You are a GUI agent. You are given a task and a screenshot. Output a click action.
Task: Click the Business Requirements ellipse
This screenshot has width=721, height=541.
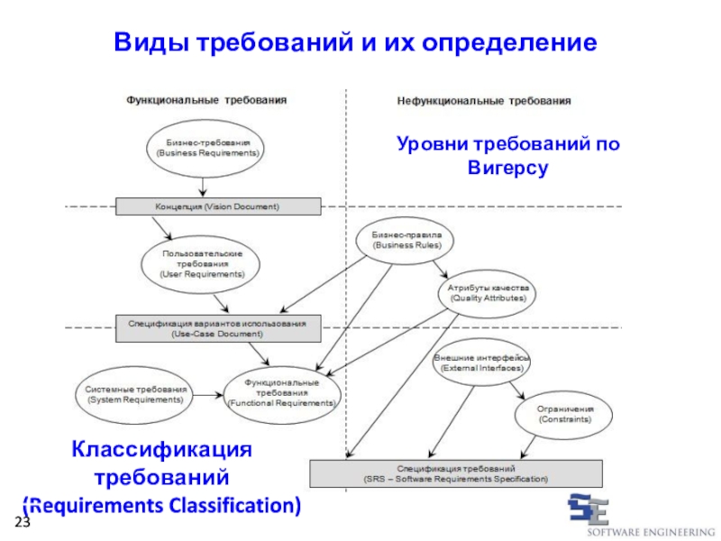coord(207,148)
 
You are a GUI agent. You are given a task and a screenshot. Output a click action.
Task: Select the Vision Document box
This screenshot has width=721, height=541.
coord(217,206)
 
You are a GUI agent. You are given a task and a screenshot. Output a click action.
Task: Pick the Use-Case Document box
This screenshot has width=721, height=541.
coord(217,328)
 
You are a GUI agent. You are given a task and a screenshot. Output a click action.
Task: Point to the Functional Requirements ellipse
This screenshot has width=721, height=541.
coord(282,393)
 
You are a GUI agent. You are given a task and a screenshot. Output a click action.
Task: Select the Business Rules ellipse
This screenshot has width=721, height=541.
coord(401,240)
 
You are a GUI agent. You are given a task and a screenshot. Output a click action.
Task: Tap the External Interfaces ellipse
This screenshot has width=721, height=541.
coord(481,362)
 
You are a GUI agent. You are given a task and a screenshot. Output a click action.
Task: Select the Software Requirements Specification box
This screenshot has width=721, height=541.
coord(456,473)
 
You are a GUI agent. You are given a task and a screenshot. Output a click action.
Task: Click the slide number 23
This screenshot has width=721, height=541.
coord(22,525)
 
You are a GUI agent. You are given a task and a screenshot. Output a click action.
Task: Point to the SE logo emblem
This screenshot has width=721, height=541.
coord(588,509)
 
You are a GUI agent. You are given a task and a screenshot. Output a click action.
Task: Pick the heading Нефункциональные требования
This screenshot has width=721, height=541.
coord(484,102)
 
